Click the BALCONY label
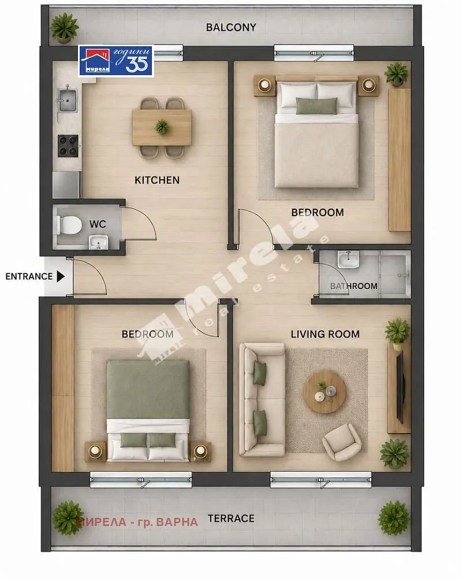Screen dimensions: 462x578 [x=230, y=27]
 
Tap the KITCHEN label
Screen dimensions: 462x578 [x=157, y=180]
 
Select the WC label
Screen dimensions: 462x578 [x=98, y=224]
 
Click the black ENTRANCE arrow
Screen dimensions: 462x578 [x=61, y=276]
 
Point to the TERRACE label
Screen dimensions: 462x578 [x=231, y=518]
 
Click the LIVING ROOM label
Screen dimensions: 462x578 [x=325, y=334]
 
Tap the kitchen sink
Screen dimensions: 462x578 [x=67, y=100]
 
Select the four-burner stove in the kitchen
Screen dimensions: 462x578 [x=68, y=146]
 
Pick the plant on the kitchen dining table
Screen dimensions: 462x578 [x=162, y=127]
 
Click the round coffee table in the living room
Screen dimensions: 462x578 [x=325, y=392]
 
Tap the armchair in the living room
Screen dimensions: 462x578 [x=341, y=442]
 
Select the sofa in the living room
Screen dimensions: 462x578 [x=262, y=400]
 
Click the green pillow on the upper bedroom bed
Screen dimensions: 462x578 [x=316, y=106]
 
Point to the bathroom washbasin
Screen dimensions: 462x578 [x=348, y=260]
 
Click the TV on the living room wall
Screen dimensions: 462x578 [x=400, y=387]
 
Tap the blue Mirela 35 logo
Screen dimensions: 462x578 [x=115, y=61]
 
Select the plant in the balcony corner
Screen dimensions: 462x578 [x=65, y=27]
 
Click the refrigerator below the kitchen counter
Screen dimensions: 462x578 [x=66, y=185]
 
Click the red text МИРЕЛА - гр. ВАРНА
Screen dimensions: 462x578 [x=137, y=522]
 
